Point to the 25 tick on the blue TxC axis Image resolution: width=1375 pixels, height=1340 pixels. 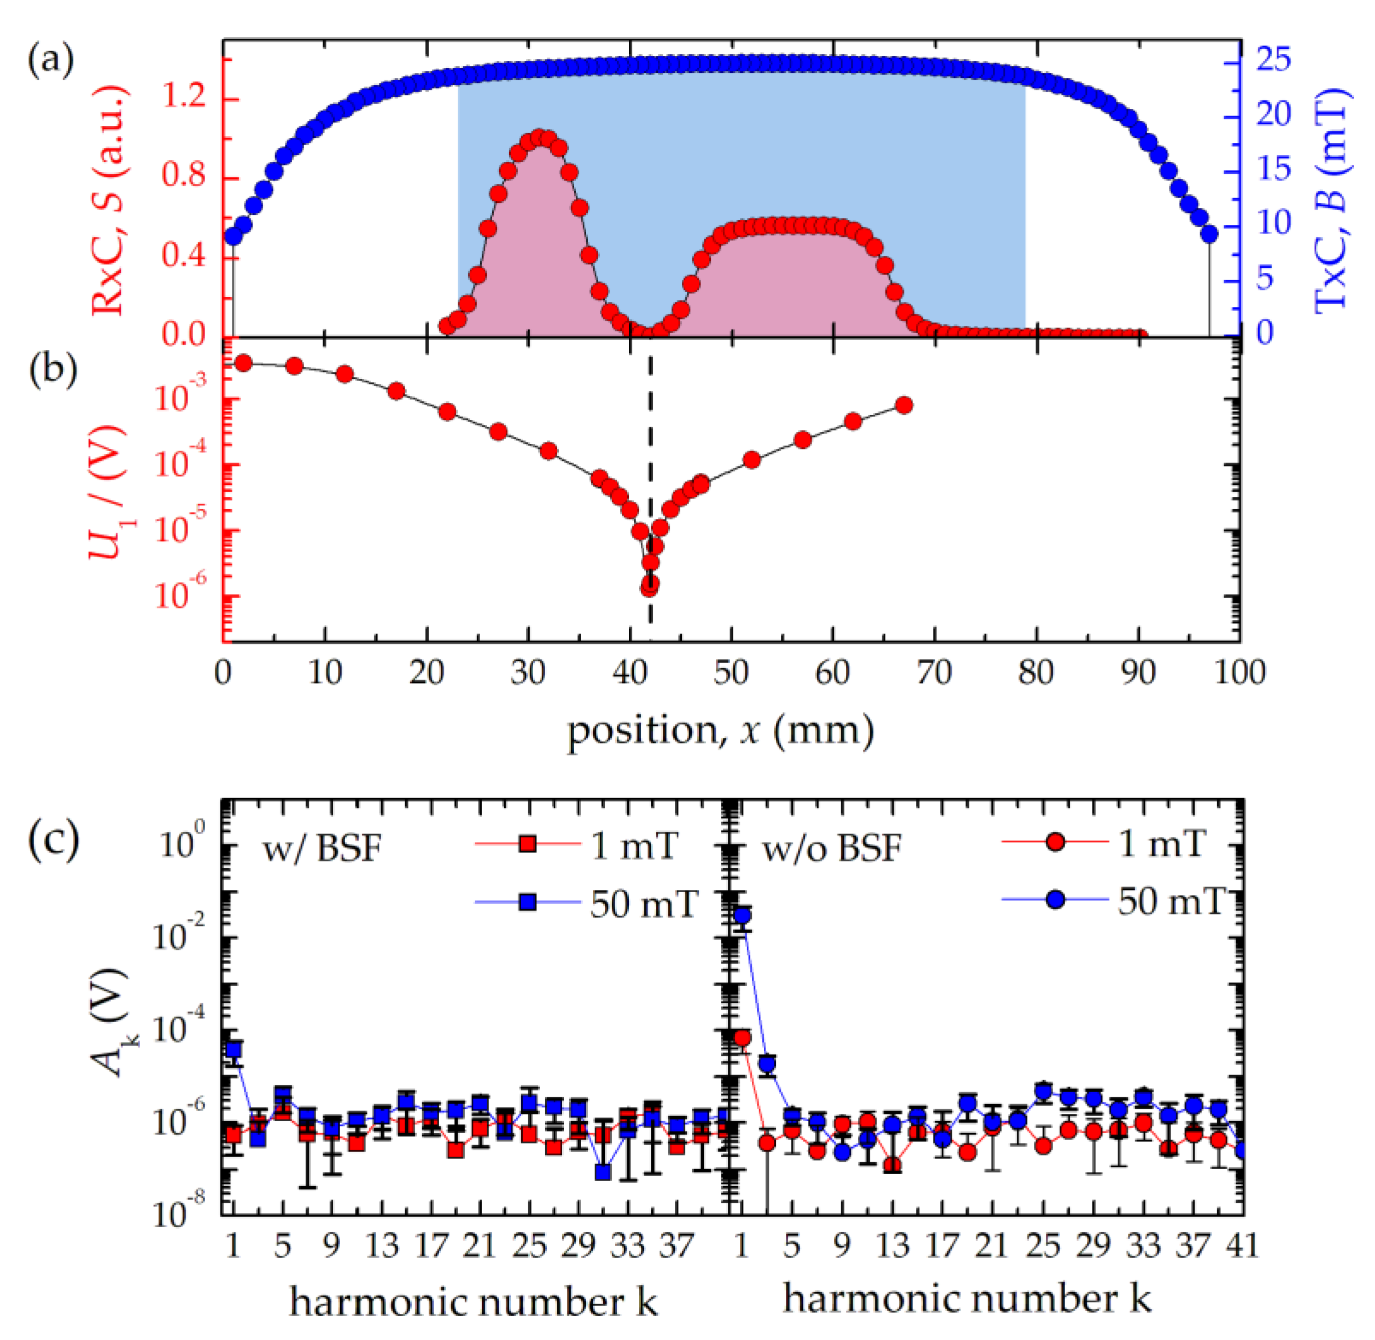(1274, 60)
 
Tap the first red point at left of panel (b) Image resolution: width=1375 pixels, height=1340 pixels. (243, 363)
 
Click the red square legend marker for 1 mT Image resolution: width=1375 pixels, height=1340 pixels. (527, 844)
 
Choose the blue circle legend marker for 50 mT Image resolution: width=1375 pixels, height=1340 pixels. (1054, 900)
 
